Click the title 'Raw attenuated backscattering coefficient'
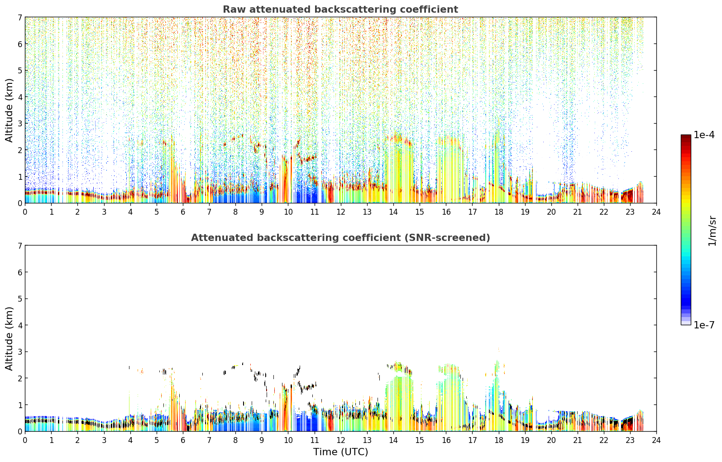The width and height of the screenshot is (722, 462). pyautogui.click(x=340, y=10)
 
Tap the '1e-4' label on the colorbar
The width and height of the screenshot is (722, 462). pyautogui.click(x=704, y=135)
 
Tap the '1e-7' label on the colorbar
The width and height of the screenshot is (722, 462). pyautogui.click(x=704, y=325)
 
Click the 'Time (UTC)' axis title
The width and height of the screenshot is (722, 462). pyautogui.click(x=340, y=452)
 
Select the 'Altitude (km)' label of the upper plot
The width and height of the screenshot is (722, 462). pyautogui.click(x=9, y=111)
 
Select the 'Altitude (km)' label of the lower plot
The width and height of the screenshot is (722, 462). pyautogui.click(x=9, y=338)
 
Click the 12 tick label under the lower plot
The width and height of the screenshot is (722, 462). pyautogui.click(x=341, y=440)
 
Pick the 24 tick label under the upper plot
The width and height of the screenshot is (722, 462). pyautogui.click(x=656, y=212)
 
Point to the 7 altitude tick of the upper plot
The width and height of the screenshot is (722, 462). pyautogui.click(x=19, y=17)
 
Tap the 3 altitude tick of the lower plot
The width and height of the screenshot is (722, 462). pyautogui.click(x=19, y=351)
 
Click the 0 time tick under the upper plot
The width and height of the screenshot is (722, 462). pyautogui.click(x=25, y=212)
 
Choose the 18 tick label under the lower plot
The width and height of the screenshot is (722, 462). pyautogui.click(x=499, y=440)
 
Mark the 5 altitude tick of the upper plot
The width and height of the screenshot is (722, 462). pyautogui.click(x=19, y=70)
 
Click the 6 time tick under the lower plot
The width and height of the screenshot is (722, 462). pyautogui.click(x=183, y=440)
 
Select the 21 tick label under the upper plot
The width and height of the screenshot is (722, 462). pyautogui.click(x=577, y=212)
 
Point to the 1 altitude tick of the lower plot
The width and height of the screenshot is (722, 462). pyautogui.click(x=19, y=405)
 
